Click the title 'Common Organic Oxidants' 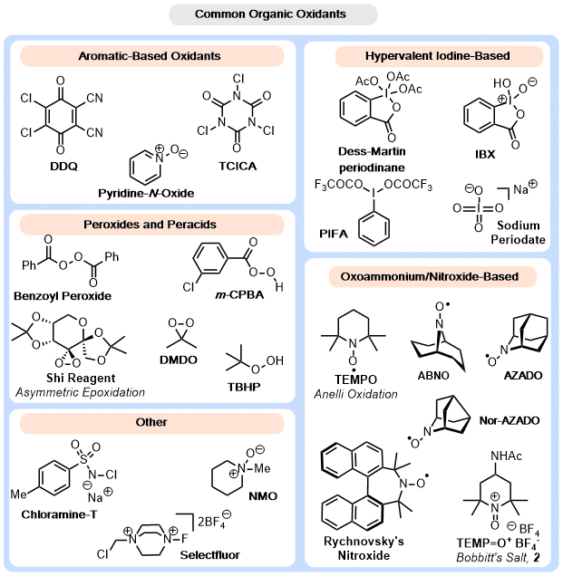(281, 15)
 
